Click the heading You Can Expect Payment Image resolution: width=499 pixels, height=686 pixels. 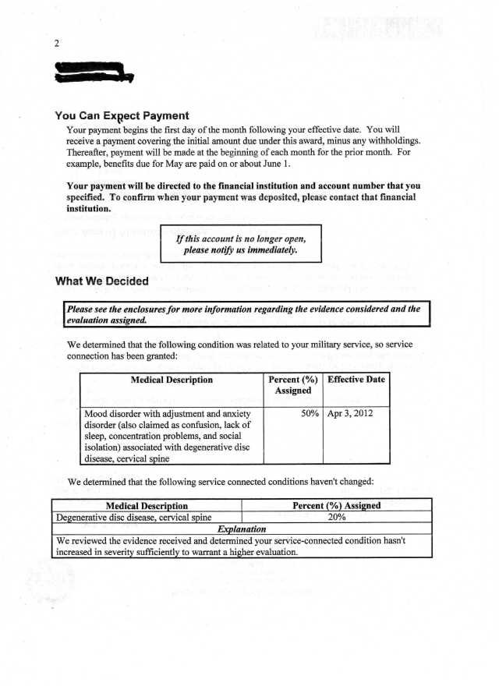tap(122, 115)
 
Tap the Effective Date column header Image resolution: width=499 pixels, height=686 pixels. tap(356, 380)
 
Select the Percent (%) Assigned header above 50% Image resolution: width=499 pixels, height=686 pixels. tap(293, 385)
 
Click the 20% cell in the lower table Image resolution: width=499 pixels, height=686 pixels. tap(336, 517)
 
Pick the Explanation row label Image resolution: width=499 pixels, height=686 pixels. tap(242, 529)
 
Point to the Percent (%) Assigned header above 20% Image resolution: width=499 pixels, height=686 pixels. tap(336, 505)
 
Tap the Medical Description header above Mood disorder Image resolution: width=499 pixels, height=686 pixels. tap(173, 380)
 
